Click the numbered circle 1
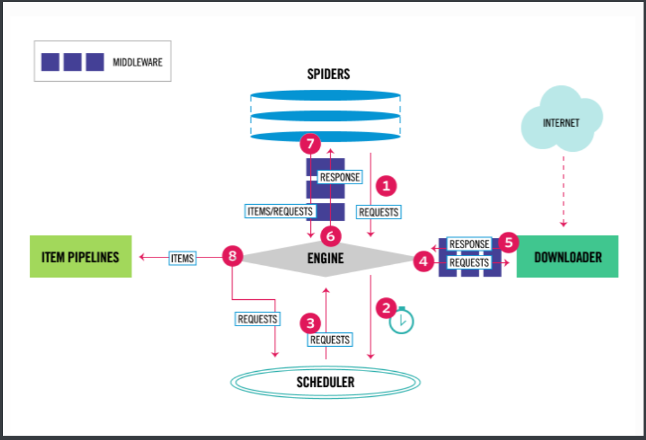pos(387,184)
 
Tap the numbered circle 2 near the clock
pos(386,307)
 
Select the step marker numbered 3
pos(310,322)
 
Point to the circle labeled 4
pos(423,262)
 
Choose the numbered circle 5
pos(508,243)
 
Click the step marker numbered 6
pos(330,235)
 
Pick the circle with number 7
pos(310,145)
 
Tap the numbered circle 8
pos(232,257)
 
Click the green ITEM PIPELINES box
pos(81,256)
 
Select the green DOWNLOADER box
pos(567,256)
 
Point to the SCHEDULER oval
pos(325,382)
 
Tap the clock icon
pos(402,320)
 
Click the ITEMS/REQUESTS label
pos(280,211)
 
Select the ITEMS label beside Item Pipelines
pos(182,259)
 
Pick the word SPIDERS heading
pos(328,74)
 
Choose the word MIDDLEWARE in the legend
pos(138,62)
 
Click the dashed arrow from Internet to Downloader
pos(563,190)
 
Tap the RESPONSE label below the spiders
pos(340,178)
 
